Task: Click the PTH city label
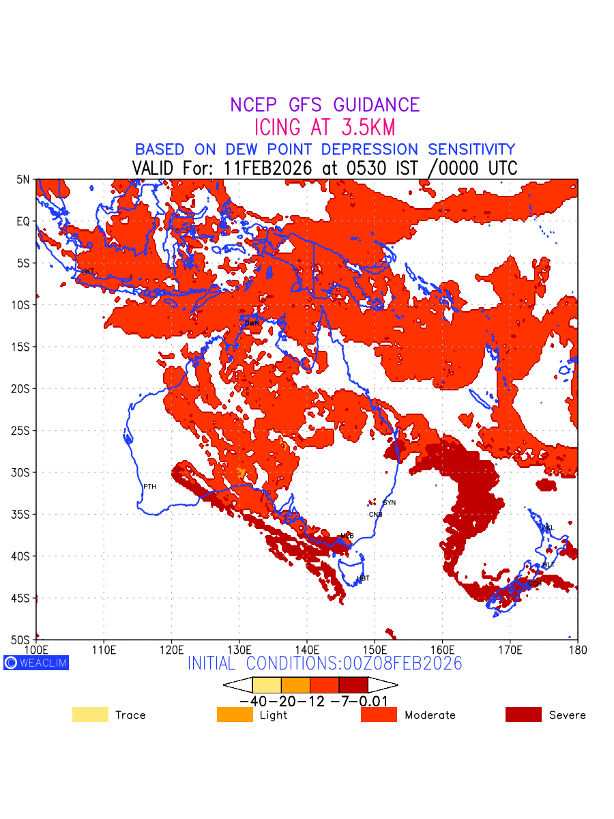(x=149, y=487)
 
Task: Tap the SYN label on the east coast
(x=390, y=503)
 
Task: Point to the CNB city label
(x=375, y=515)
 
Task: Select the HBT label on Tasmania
(x=363, y=579)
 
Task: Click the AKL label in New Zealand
(x=548, y=528)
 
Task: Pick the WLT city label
(x=549, y=565)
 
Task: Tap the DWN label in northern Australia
(x=252, y=323)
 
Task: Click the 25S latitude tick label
(x=23, y=431)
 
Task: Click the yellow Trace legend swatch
(x=90, y=715)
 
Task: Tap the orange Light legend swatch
(x=235, y=715)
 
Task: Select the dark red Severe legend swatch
(x=523, y=715)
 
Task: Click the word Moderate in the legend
(x=430, y=715)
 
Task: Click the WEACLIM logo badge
(x=36, y=663)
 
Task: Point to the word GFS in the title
(x=308, y=105)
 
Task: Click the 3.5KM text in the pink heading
(x=365, y=128)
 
